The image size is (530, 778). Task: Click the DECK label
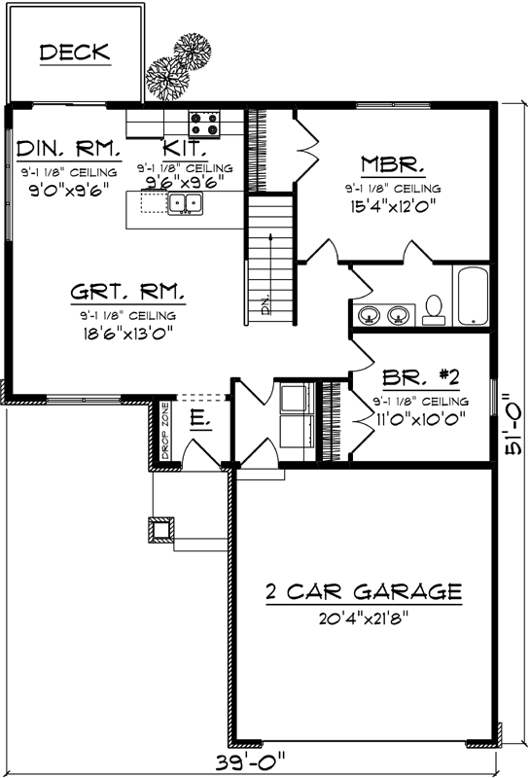click(x=75, y=53)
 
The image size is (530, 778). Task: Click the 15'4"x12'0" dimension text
click(x=391, y=206)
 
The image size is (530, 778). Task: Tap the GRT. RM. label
click(x=128, y=293)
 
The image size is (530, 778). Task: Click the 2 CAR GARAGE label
click(x=363, y=591)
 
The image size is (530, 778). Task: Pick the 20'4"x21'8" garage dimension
click(x=363, y=618)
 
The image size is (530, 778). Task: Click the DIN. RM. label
click(x=68, y=149)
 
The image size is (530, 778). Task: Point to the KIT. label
click(x=184, y=148)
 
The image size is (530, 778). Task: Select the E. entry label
click(x=197, y=420)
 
